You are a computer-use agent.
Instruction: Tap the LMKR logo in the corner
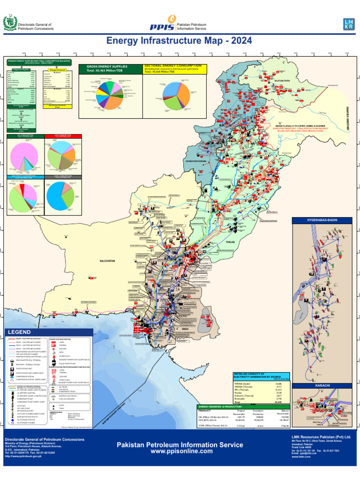coord(349,25)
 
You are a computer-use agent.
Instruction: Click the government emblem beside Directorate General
coord(9,23)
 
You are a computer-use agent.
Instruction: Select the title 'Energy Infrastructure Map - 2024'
coord(180,41)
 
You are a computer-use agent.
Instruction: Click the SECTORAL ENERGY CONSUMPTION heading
coord(173,66)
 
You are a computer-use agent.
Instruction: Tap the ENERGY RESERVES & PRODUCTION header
coord(219,406)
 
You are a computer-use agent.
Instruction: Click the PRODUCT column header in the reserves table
coord(206,411)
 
